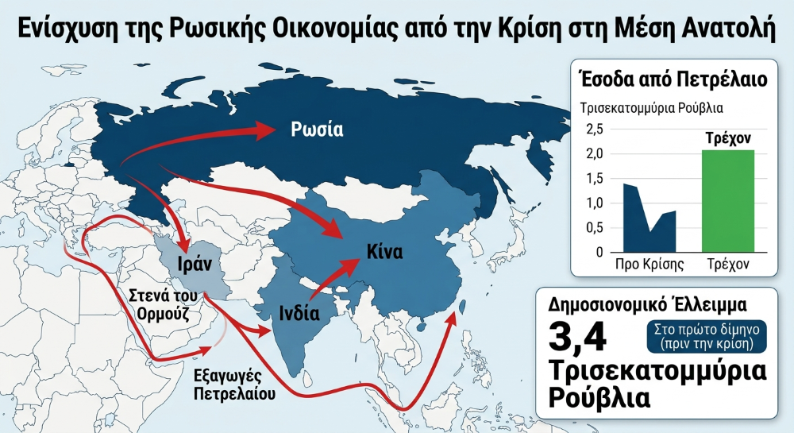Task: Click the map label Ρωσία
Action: pos(316,130)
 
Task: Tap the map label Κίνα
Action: pos(384,253)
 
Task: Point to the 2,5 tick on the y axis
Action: pos(593,129)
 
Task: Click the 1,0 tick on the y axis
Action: pos(593,203)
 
